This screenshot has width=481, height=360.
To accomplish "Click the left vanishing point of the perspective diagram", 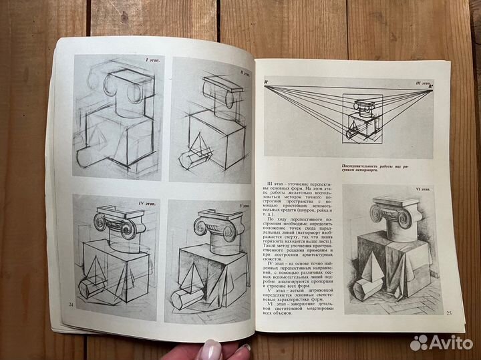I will tap(267, 82).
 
